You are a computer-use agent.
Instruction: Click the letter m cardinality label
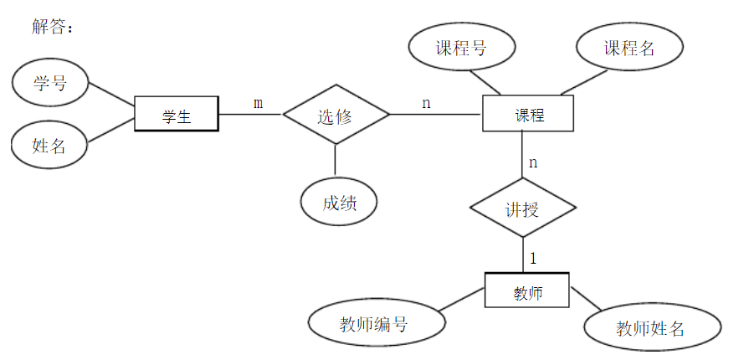[x=258, y=103]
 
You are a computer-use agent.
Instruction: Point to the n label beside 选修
[x=426, y=103]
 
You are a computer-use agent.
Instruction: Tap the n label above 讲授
[x=533, y=162]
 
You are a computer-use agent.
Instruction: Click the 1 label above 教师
[x=533, y=259]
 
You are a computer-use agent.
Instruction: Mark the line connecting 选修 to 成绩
[x=336, y=159]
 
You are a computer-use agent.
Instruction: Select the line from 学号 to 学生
[x=112, y=95]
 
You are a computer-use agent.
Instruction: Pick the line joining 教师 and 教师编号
[x=461, y=301]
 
